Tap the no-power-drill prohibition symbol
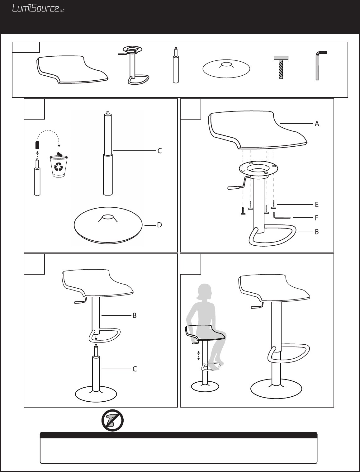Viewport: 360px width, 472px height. [x=112, y=420]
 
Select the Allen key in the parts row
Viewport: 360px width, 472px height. [x=321, y=66]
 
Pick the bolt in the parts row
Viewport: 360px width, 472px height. [x=281, y=68]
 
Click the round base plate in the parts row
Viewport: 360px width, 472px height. [x=226, y=68]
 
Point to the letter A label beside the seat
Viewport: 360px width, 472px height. [x=317, y=124]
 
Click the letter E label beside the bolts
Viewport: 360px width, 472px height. [x=317, y=205]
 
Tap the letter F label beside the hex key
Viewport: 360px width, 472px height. [x=316, y=218]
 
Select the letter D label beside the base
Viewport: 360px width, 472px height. [x=159, y=225]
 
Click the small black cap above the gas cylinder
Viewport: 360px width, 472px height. [x=37, y=145]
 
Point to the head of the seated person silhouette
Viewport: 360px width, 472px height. [x=205, y=292]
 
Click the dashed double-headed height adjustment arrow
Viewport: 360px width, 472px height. [x=198, y=356]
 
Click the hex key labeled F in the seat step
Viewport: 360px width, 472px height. [x=281, y=216]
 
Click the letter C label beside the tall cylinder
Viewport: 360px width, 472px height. [x=159, y=151]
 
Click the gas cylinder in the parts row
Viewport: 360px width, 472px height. [x=176, y=65]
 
